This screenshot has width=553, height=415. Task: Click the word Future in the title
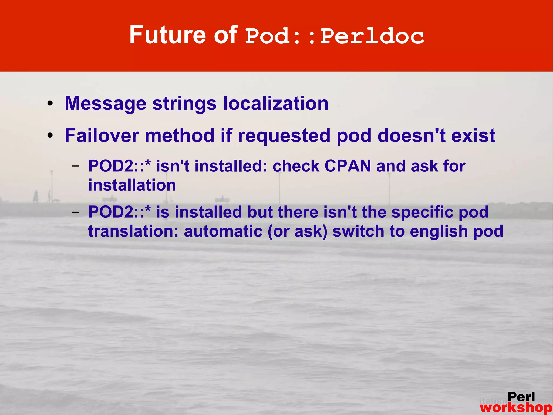(x=167, y=35)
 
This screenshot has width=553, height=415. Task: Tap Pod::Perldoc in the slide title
(x=334, y=36)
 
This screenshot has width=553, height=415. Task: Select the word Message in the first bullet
(x=105, y=104)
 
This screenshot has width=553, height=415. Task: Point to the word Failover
(x=102, y=135)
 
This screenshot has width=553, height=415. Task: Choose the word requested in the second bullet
(x=284, y=136)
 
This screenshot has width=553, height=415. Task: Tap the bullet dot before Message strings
(x=50, y=104)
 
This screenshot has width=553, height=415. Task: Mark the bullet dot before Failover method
(x=50, y=136)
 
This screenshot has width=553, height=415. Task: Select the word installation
(x=132, y=185)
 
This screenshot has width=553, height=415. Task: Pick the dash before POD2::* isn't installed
(x=76, y=166)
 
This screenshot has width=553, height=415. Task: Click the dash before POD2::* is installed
(x=76, y=212)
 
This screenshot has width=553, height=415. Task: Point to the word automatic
(x=223, y=231)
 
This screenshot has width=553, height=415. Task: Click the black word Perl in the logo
(x=521, y=397)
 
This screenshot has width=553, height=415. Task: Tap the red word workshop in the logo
(x=516, y=407)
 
